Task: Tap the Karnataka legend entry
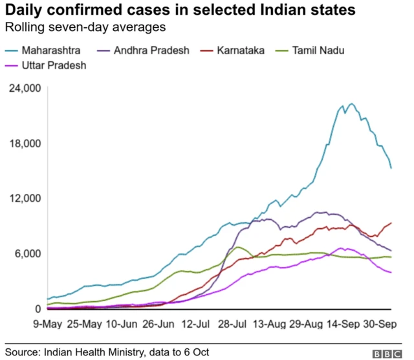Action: (x=238, y=50)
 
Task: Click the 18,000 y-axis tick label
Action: (x=25, y=143)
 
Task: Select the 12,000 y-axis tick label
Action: (x=25, y=198)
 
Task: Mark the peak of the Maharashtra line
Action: (x=351, y=103)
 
